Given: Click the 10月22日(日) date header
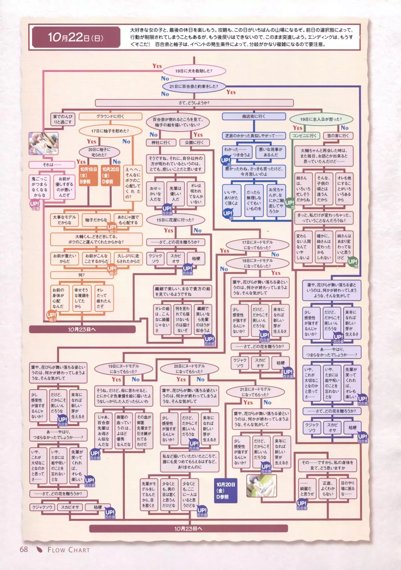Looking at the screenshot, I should tap(76, 38).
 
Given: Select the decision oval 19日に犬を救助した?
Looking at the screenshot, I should tap(194, 71).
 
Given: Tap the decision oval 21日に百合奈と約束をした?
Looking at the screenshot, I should tap(194, 86).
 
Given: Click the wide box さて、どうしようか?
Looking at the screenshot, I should tap(194, 103).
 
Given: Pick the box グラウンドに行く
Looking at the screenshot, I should tap(110, 117).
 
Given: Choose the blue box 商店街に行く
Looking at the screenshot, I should tap(254, 117).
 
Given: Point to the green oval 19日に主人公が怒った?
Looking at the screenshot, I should tap(321, 119).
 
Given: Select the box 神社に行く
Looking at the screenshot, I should tap(161, 142).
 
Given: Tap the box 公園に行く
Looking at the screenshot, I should tap(194, 142).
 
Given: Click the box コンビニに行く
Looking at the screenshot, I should tap(305, 136).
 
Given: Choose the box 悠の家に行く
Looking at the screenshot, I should tap(338, 136).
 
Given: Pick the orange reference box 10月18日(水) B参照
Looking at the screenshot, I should tap(88, 175).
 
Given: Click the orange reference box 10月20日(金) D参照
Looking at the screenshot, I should tap(111, 175).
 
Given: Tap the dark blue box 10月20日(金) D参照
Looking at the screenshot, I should tap(226, 490).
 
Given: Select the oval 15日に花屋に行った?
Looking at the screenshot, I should tap(175, 220).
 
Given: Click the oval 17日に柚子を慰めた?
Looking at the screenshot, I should tap(110, 131).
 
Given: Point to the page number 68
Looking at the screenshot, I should tap(24, 549).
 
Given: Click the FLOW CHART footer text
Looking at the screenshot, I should tap(69, 550).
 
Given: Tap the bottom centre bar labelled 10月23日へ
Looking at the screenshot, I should tap(188, 529).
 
